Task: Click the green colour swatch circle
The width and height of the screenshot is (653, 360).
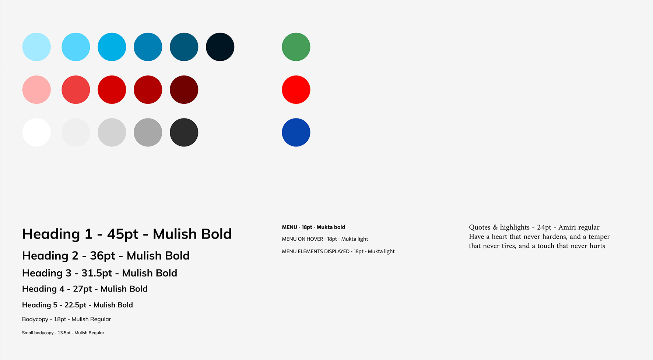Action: pos(296,47)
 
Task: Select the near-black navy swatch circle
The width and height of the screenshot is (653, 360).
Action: pos(220,47)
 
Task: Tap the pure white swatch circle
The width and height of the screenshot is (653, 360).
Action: pos(36,133)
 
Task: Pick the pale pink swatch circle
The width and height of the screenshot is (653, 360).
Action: pos(36,89)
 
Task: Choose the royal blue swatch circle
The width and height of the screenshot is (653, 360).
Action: pos(296,133)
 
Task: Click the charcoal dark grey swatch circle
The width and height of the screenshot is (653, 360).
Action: pos(184,133)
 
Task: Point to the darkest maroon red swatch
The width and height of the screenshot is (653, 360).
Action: pos(184,89)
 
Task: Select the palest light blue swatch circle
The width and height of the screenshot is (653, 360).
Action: pos(36,47)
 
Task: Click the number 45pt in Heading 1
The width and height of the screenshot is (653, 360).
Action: pos(123,234)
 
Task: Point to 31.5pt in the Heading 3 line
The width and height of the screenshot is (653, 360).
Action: pos(97,273)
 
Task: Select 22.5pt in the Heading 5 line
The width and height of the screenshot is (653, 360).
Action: pos(76,305)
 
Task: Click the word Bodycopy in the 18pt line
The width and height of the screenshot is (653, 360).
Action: pos(35,320)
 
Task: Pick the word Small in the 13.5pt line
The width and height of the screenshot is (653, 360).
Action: pos(27,333)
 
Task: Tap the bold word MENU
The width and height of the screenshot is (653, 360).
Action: pos(289,227)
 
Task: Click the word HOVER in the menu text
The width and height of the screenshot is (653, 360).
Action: pos(316,239)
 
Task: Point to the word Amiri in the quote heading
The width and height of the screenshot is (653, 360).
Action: pos(567,227)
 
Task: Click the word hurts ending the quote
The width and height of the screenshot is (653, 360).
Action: pos(597,246)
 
